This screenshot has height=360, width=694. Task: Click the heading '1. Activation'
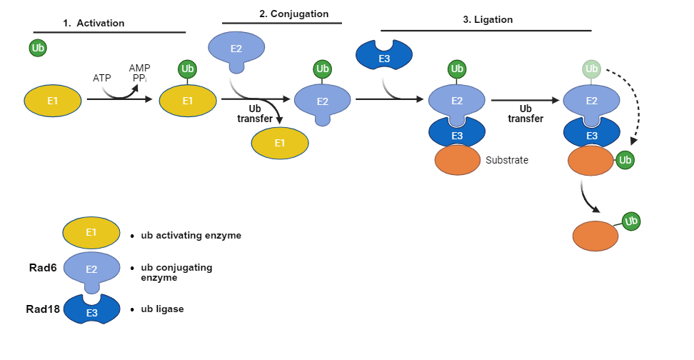pyautogui.click(x=94, y=23)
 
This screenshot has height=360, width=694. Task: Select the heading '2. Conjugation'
pyautogui.click(x=293, y=13)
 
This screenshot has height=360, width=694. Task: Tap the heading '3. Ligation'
pyautogui.click(x=488, y=20)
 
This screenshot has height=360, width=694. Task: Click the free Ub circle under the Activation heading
pyautogui.click(x=39, y=49)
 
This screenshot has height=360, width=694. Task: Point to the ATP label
pyautogui.click(x=102, y=76)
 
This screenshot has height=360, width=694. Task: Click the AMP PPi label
pyautogui.click(x=139, y=73)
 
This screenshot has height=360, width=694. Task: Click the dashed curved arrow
pyautogui.click(x=634, y=107)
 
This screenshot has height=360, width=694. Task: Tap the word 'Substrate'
pyautogui.click(x=507, y=160)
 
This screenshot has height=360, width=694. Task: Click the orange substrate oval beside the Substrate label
pyautogui.click(x=457, y=160)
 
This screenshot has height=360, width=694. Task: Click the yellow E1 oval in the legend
pyautogui.click(x=91, y=233)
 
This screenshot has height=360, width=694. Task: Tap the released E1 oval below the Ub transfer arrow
pyautogui.click(x=280, y=144)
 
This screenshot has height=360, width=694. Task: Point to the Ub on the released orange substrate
pyautogui.click(x=631, y=221)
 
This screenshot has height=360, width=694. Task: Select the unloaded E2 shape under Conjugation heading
pyautogui.click(x=236, y=49)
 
